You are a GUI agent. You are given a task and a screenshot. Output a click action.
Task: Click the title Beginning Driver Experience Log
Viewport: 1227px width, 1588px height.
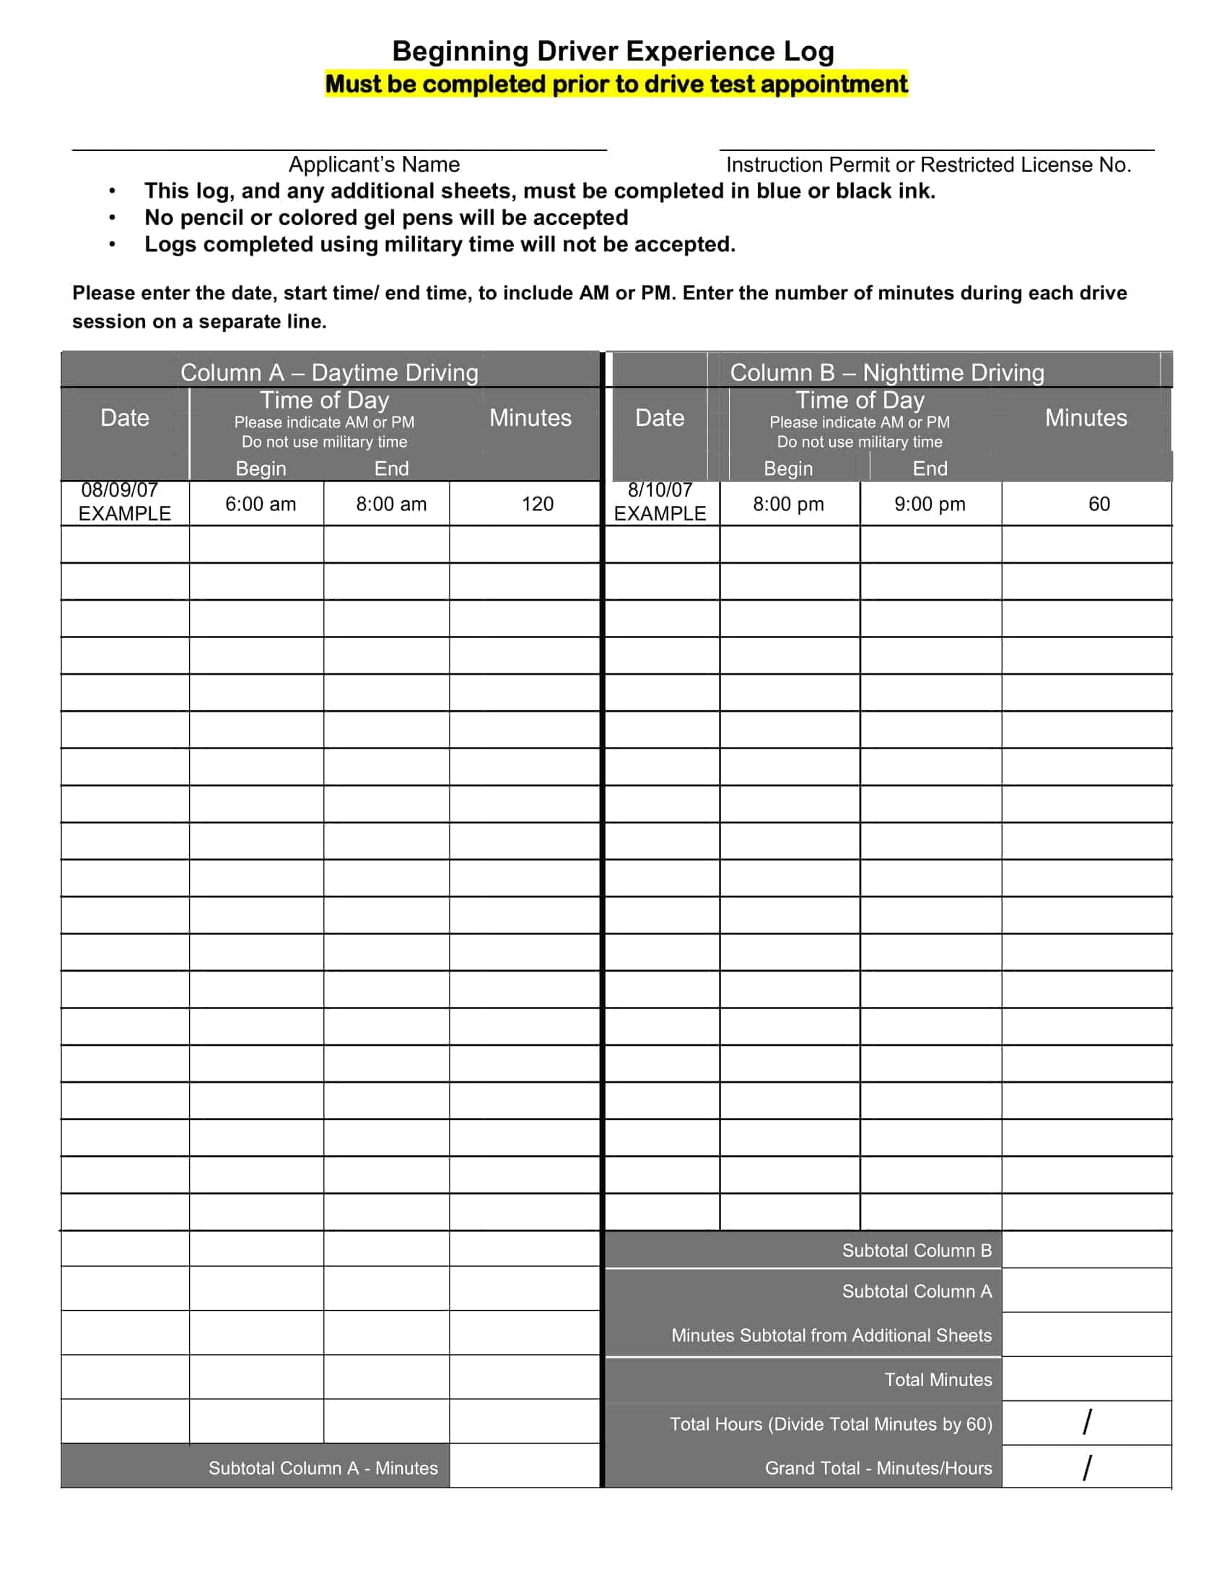613,52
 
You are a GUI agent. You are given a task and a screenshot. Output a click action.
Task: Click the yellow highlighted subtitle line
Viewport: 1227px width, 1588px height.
616,84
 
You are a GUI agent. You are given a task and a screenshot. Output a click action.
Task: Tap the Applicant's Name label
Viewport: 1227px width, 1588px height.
374,165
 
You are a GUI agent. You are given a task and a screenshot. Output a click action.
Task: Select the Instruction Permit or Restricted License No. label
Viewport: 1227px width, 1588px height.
928,165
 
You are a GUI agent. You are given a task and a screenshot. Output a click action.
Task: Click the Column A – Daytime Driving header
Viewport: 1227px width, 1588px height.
329,372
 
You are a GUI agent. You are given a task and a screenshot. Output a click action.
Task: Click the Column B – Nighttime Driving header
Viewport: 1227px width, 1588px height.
887,372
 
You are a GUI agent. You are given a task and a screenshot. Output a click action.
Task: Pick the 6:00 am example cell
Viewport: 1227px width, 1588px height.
261,504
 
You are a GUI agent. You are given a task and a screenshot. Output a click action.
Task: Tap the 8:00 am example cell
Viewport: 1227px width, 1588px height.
391,504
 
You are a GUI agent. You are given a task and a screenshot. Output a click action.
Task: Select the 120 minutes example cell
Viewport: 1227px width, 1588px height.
537,504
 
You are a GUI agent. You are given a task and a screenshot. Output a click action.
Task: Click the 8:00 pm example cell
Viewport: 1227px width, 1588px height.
788,504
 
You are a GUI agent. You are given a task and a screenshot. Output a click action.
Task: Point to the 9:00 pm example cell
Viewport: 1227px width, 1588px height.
930,504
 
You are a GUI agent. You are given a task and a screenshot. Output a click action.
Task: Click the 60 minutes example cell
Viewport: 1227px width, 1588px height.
1099,504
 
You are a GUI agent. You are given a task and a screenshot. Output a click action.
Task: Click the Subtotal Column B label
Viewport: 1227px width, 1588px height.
917,1251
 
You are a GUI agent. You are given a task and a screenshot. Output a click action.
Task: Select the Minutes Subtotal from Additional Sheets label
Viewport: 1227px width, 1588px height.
831,1335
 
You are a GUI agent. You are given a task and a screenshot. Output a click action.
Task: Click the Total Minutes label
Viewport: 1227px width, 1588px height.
938,1379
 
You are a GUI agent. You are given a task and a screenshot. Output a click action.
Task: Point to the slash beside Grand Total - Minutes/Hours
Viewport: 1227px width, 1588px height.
1087,1467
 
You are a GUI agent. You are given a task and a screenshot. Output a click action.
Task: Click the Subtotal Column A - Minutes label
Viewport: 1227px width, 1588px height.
323,1468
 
